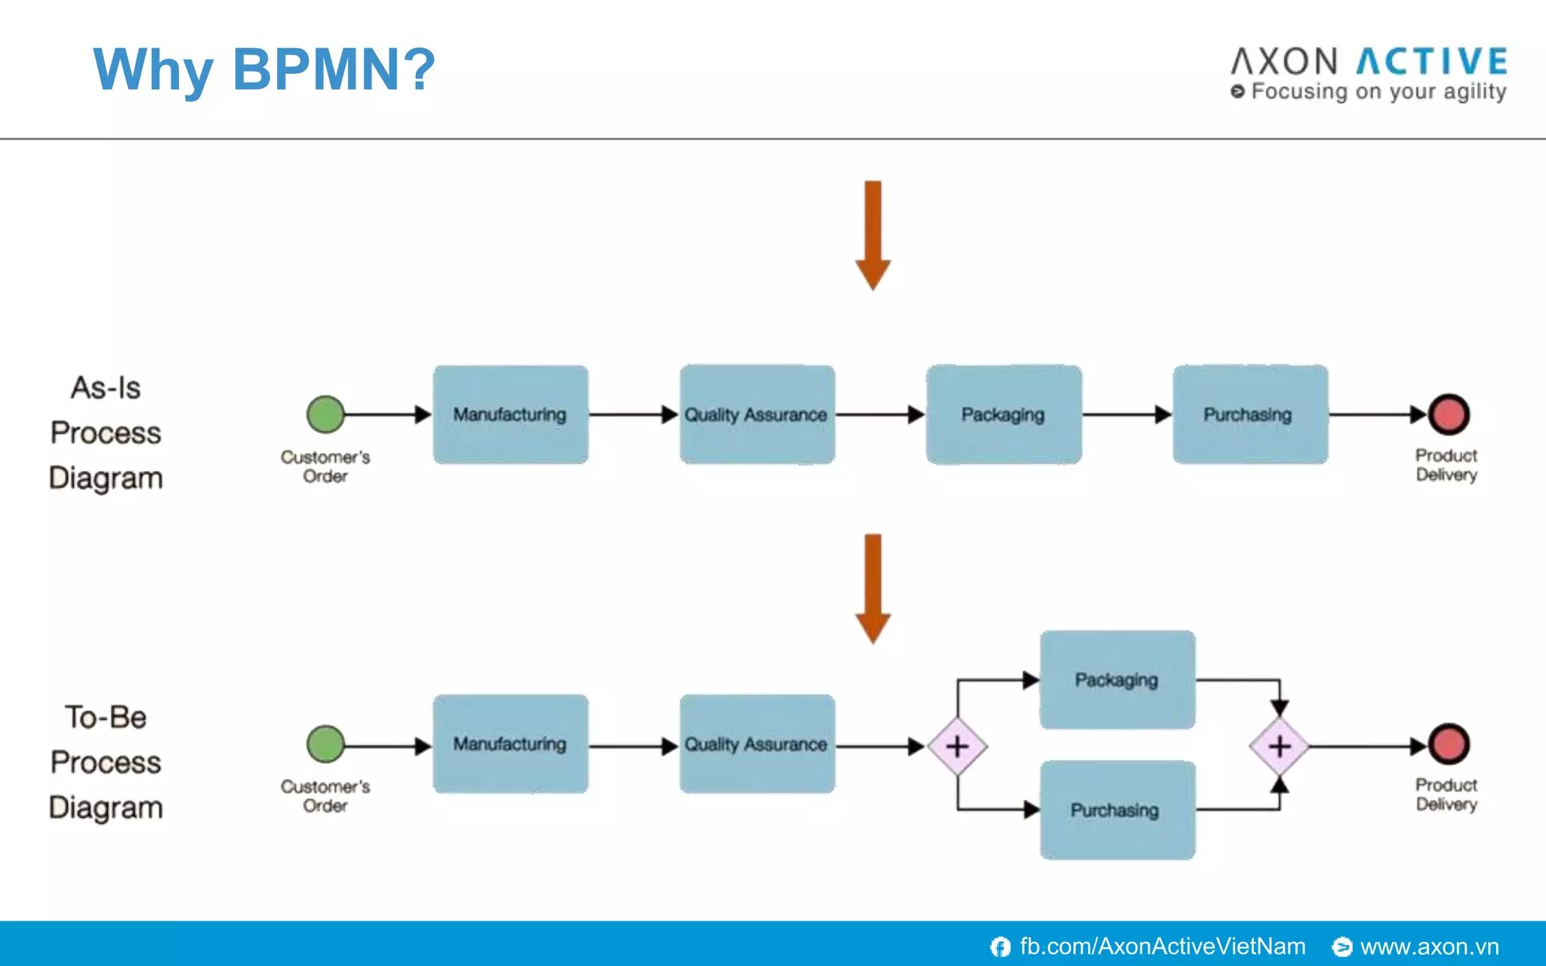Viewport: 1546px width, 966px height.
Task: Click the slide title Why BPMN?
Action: (x=264, y=69)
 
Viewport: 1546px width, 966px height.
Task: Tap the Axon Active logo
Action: (x=1369, y=73)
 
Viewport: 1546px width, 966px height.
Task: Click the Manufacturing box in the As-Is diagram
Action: (x=510, y=414)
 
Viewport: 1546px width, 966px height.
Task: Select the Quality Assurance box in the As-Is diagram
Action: (x=756, y=414)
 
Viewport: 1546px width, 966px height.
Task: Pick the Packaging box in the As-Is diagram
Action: (x=1003, y=414)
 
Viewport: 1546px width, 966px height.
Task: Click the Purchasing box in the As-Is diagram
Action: (x=1249, y=414)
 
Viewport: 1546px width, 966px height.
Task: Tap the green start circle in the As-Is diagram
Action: (x=325, y=414)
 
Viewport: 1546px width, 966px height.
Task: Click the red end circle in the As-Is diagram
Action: (x=1448, y=414)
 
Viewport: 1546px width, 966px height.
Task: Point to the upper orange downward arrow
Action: (x=873, y=234)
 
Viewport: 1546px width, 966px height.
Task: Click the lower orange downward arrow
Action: (x=873, y=587)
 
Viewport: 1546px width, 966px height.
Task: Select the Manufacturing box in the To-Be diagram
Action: (x=510, y=744)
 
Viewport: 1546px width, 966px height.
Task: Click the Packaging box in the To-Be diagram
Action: (x=1117, y=680)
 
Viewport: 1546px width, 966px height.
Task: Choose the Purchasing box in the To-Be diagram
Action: (x=1117, y=810)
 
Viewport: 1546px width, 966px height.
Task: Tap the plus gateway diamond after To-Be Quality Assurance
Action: (x=957, y=746)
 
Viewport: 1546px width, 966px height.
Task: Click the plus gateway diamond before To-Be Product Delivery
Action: (x=1279, y=746)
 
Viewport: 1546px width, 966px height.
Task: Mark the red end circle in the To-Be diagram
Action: (x=1448, y=744)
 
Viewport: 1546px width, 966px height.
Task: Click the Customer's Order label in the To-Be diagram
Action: (x=325, y=795)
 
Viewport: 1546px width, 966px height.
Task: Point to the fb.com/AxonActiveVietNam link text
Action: (x=1162, y=946)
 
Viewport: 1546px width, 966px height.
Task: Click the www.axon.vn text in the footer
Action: (x=1429, y=946)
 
